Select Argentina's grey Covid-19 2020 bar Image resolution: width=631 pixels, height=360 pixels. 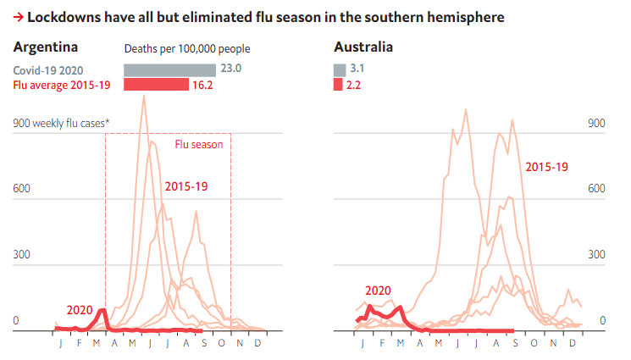point(169,69)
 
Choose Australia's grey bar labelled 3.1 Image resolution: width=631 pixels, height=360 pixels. point(339,69)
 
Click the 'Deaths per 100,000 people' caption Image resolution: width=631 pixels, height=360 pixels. point(187,49)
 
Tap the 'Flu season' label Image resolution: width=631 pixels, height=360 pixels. point(199,144)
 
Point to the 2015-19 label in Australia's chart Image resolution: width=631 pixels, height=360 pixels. point(546,167)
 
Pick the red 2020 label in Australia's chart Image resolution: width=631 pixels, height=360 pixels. point(378,291)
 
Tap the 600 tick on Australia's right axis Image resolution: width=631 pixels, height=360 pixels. point(596,189)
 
